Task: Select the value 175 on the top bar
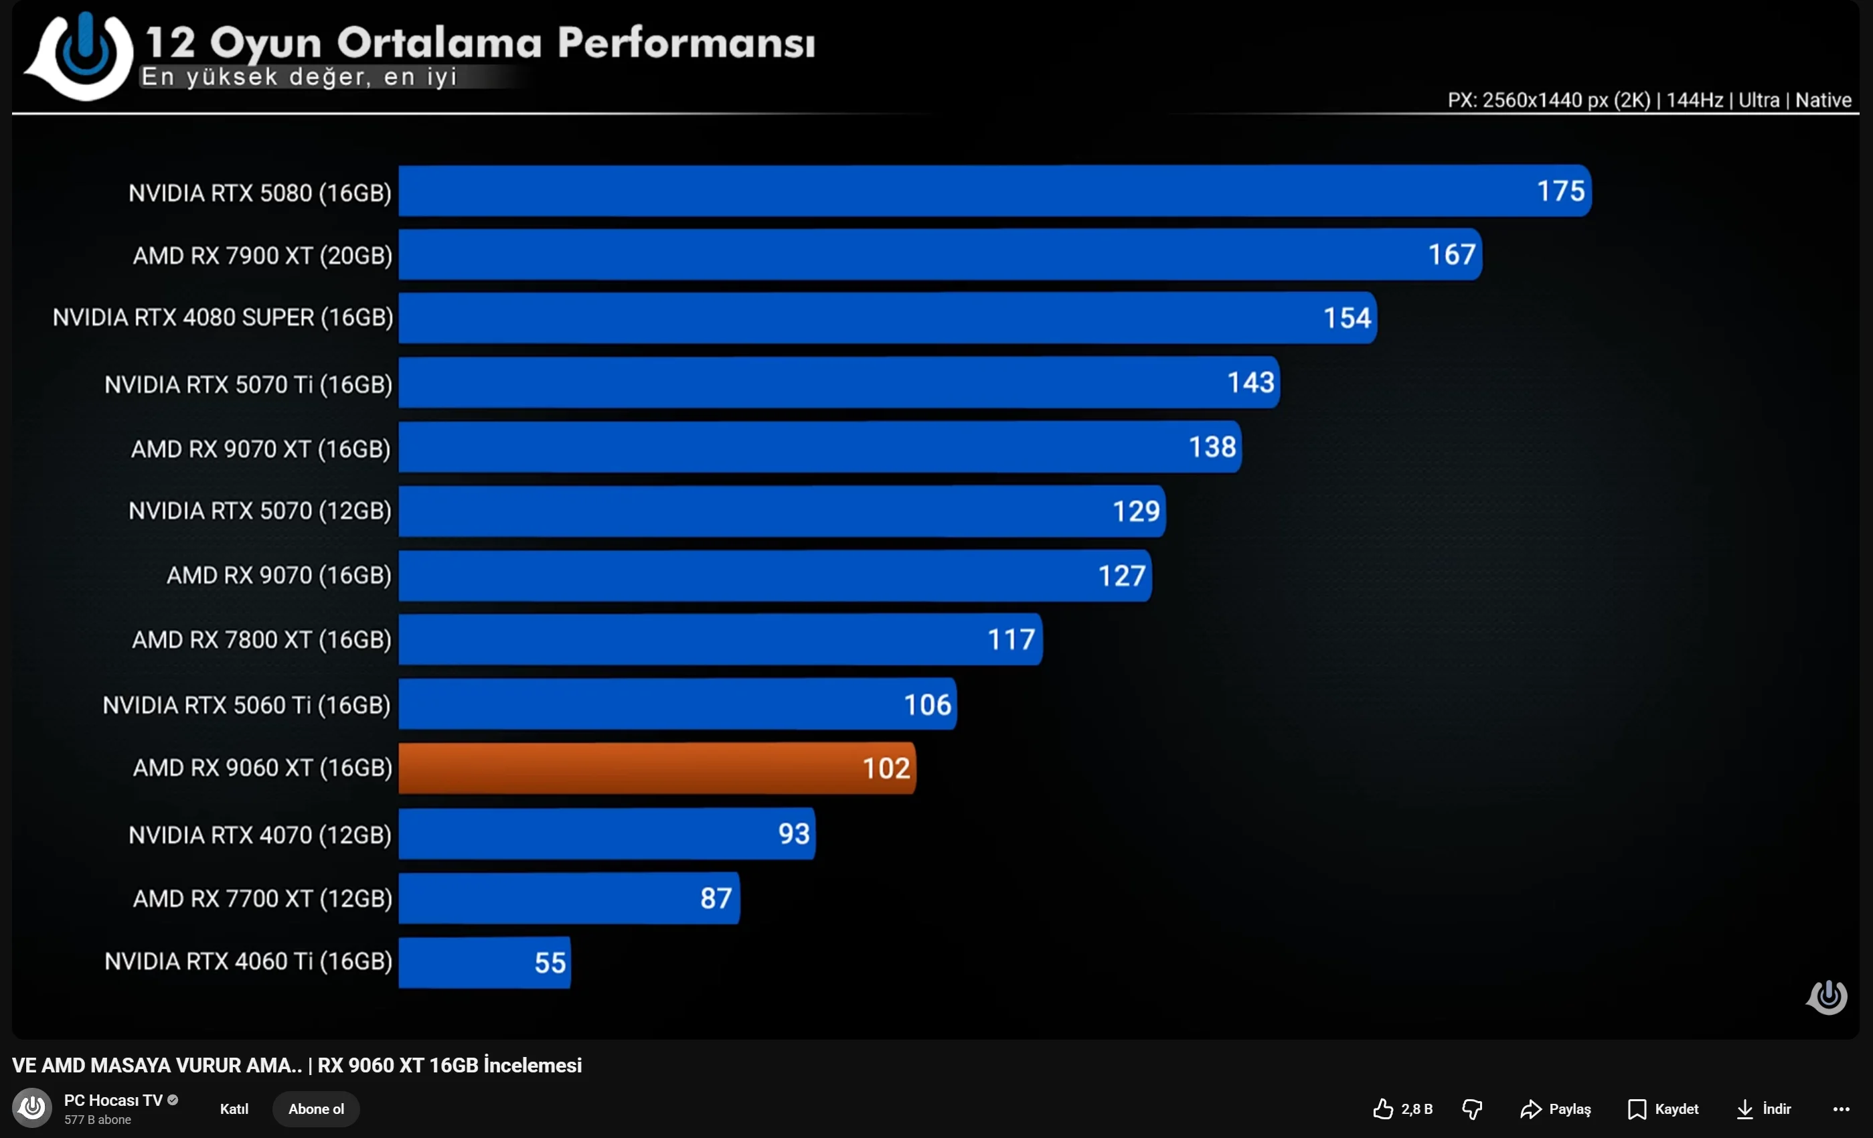1560,191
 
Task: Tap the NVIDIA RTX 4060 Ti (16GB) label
248,962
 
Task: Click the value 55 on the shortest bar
550,963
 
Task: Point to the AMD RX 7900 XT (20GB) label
262,256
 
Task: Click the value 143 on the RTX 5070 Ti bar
1250,382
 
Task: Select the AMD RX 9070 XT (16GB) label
260,449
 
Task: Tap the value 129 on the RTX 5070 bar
1136,511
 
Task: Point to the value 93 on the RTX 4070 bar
794,834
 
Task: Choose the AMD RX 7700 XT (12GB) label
262,898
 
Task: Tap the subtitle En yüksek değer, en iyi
299,77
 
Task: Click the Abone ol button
315,1109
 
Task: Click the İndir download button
1763,1109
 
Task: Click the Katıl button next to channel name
234,1109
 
